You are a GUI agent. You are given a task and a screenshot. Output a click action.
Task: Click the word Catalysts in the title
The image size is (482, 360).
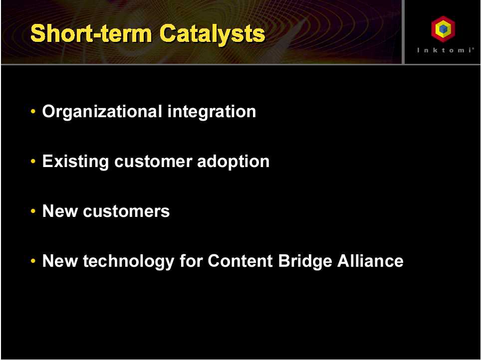pyautogui.click(x=213, y=34)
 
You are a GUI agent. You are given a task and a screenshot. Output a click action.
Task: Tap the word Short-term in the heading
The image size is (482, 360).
pyautogui.click(x=91, y=33)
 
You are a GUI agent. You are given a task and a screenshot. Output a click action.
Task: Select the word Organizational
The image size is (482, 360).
pyautogui.click(x=102, y=112)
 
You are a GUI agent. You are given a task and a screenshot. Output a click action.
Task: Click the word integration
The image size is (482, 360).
pyautogui.click(x=212, y=112)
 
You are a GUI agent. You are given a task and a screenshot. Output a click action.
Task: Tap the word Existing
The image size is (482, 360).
pyautogui.click(x=76, y=162)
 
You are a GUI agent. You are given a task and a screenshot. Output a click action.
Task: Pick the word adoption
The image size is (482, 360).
pyautogui.click(x=234, y=162)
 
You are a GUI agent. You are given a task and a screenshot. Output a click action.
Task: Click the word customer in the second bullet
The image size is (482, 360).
pyautogui.click(x=153, y=162)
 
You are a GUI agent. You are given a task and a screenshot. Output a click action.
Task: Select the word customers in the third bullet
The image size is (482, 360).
pyautogui.click(x=126, y=211)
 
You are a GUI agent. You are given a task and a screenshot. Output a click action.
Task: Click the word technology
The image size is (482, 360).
pyautogui.click(x=129, y=261)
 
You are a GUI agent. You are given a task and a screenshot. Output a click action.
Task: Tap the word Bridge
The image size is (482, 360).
pyautogui.click(x=305, y=261)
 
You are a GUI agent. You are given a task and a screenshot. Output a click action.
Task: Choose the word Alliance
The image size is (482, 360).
pyautogui.click(x=370, y=261)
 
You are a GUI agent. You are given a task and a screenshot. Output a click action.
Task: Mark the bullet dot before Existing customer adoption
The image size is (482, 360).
pyautogui.click(x=33, y=161)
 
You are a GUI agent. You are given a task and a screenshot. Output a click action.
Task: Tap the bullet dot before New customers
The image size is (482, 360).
pyautogui.click(x=33, y=211)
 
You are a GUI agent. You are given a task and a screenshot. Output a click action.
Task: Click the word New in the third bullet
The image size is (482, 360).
pyautogui.click(x=60, y=211)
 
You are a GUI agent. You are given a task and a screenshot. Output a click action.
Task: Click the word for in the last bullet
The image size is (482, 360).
pyautogui.click(x=191, y=261)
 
